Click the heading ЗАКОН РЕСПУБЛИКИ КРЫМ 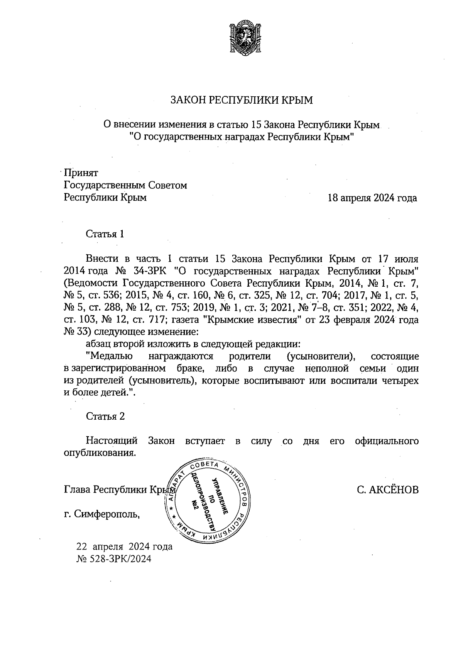242,101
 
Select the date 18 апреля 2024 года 372,198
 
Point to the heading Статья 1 105,234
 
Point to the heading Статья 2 105,416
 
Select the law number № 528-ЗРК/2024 114,559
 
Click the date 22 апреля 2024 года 125,546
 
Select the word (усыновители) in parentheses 321,356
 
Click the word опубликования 100,453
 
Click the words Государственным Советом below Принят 125,185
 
